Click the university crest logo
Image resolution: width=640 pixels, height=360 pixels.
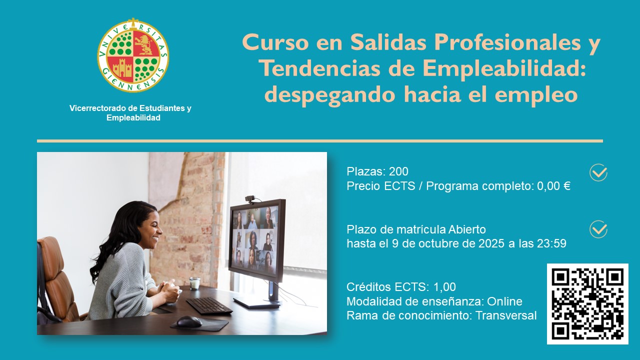pos(133,55)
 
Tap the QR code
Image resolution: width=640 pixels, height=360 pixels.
pos(587,303)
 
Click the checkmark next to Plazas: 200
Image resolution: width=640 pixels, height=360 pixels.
pos(598,172)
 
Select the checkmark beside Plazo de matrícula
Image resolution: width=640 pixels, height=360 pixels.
pos(598,229)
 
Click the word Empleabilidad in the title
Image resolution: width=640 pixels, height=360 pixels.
pos(504,68)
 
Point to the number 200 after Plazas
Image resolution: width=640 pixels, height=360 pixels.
pos(398,171)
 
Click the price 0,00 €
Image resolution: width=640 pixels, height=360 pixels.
pos(553,186)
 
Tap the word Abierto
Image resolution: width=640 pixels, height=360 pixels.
pos(467,229)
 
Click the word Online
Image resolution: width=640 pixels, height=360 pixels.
pos(504,301)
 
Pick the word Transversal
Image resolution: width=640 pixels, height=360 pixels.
pos(506,315)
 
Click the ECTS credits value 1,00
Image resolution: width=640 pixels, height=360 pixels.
pos(444,287)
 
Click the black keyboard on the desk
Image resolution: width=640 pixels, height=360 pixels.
pos(209,305)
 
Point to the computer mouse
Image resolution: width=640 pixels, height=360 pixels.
pos(189,321)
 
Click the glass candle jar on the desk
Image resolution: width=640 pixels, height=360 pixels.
pos(194,283)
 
